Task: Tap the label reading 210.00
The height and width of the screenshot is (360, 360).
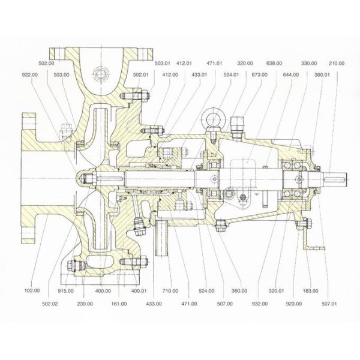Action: point(337,62)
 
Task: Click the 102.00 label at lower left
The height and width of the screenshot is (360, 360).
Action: point(32,290)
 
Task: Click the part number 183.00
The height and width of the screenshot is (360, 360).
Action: point(310,290)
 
